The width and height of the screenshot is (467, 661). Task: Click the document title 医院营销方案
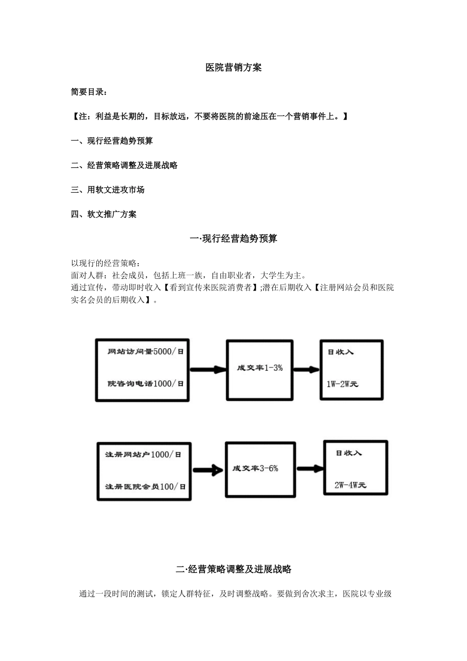coord(233,68)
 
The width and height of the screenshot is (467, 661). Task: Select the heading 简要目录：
coord(89,92)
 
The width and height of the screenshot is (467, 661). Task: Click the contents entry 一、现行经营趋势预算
coord(112,141)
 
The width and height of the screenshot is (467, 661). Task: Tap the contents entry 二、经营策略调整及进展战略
coord(124,166)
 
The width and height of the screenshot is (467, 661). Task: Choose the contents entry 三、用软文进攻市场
coord(108,190)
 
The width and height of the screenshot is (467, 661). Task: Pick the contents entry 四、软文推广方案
coord(104,214)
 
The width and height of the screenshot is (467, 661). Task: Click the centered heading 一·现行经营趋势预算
coord(233,239)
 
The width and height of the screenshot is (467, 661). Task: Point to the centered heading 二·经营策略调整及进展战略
coord(233,570)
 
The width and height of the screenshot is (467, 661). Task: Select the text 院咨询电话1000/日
coord(146,384)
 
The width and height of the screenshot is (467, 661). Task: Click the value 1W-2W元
coord(343,384)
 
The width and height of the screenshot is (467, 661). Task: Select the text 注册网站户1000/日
coord(143,455)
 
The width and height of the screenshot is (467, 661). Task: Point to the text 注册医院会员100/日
coord(146,486)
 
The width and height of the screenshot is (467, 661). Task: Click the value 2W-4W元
coord(350,485)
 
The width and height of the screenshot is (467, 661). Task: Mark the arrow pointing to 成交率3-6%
coord(208,471)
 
